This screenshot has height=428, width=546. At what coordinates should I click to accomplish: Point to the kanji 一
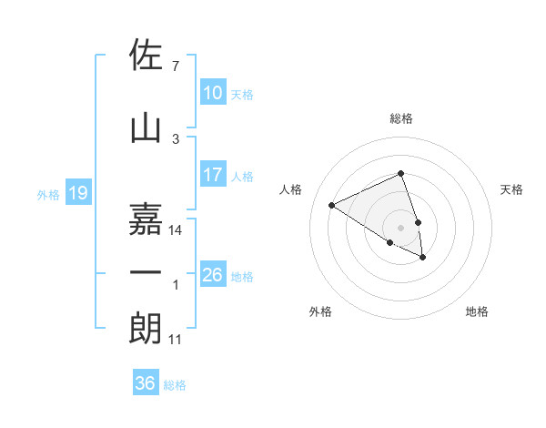coord(147,272)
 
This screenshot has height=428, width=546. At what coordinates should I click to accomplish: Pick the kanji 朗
coord(147,328)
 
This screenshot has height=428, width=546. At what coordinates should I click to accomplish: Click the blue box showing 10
coord(212,93)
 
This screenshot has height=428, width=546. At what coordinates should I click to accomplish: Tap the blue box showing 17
coord(212,175)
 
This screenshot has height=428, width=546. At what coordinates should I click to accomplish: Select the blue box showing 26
coord(212,275)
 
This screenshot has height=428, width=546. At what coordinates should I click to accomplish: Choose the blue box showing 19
coord(77,193)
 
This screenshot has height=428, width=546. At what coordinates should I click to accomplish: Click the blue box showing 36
coord(145,383)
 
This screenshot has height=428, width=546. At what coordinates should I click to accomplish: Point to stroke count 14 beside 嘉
coord(176,230)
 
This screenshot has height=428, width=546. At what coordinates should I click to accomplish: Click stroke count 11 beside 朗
coord(176,340)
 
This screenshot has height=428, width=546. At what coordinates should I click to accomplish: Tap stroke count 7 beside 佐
coord(175,66)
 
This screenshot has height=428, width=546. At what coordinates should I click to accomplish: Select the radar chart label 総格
coord(400,118)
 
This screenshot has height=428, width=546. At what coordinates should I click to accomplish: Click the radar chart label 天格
coord(511,189)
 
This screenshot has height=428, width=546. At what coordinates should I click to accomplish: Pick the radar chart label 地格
coord(477,311)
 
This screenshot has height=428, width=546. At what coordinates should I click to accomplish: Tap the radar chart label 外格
coord(320,311)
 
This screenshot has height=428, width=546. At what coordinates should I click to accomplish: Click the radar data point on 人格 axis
coord(332,205)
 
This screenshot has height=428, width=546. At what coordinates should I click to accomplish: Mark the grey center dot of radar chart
coord(400,227)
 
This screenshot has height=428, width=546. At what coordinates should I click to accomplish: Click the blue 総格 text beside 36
coord(175,385)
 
